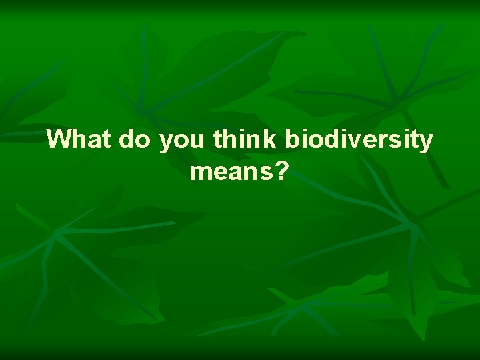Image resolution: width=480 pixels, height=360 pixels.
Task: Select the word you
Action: point(183,141)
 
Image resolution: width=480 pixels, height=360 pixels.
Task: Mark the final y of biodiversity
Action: point(425,143)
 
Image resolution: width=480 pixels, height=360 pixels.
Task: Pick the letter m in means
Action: point(199,174)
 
